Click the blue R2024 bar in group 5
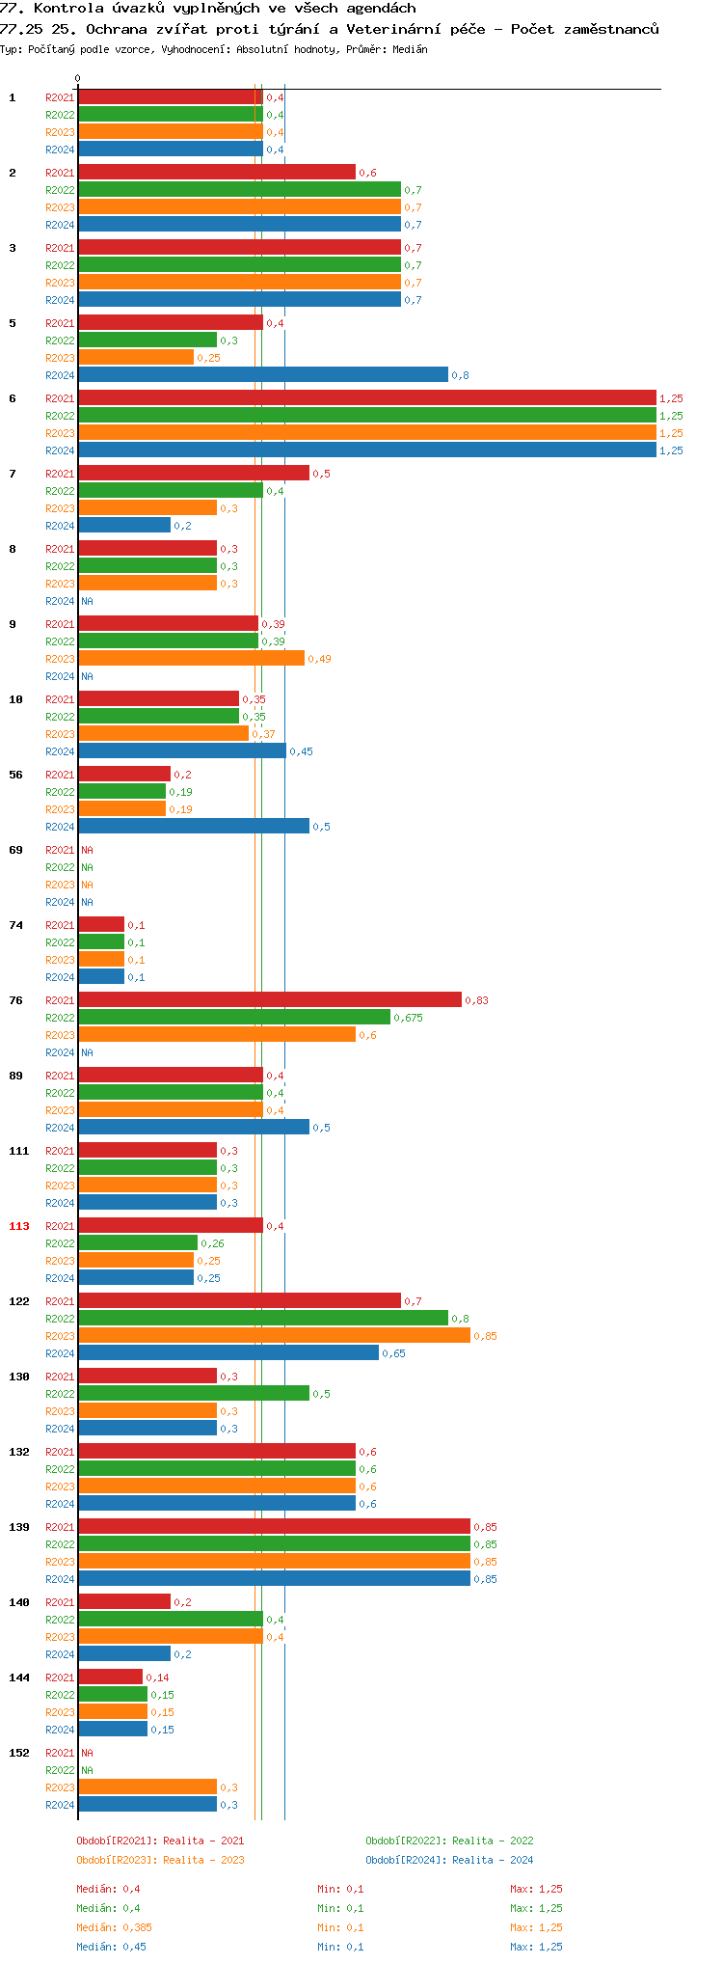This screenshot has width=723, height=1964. click(x=262, y=375)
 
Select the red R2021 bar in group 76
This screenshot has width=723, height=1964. click(x=270, y=1000)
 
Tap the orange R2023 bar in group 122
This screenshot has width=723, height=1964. click(x=274, y=1336)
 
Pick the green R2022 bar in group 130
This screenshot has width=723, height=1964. click(x=194, y=1394)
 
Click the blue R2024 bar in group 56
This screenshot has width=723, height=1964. click(x=194, y=827)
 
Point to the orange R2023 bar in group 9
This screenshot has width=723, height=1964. click(x=191, y=659)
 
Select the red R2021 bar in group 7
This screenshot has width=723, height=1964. click(x=194, y=474)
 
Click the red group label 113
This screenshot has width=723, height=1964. click(x=19, y=1226)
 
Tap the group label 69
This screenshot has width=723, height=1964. click(x=16, y=850)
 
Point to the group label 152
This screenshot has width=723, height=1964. click(x=19, y=1753)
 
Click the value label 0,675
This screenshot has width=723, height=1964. click(x=408, y=1018)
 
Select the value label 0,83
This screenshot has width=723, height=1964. click(x=476, y=1000)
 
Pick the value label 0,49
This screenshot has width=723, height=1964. click(x=319, y=659)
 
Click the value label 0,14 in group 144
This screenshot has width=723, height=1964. click(x=157, y=1678)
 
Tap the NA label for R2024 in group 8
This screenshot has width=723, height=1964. click(x=87, y=601)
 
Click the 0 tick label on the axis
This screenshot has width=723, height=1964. click(x=78, y=79)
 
